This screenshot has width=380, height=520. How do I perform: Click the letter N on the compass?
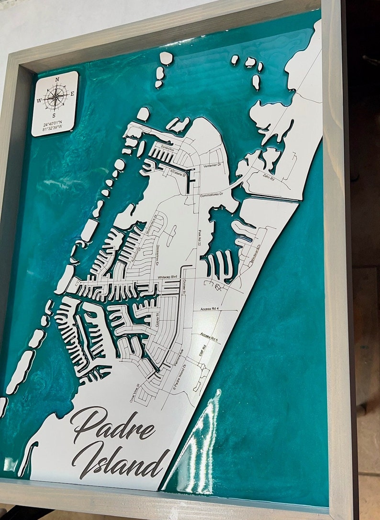pos(57,79)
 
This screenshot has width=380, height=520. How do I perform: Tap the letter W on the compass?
pos(39,100)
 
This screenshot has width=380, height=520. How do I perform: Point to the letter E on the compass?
pos(72,94)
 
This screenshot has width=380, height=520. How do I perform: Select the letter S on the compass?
pos(54,115)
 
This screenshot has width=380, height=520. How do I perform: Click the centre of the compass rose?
pos(56,97)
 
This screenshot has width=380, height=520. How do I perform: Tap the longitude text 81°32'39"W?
pos(52,129)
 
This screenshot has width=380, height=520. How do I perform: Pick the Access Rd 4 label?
pos(210,310)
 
